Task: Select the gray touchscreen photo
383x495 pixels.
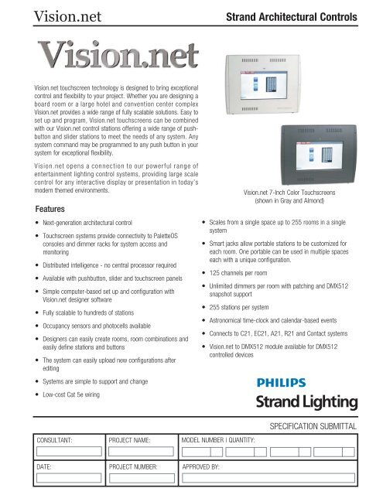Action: tap(301, 146)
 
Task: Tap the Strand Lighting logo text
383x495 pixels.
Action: tap(302, 401)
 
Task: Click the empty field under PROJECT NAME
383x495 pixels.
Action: tap(140, 452)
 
